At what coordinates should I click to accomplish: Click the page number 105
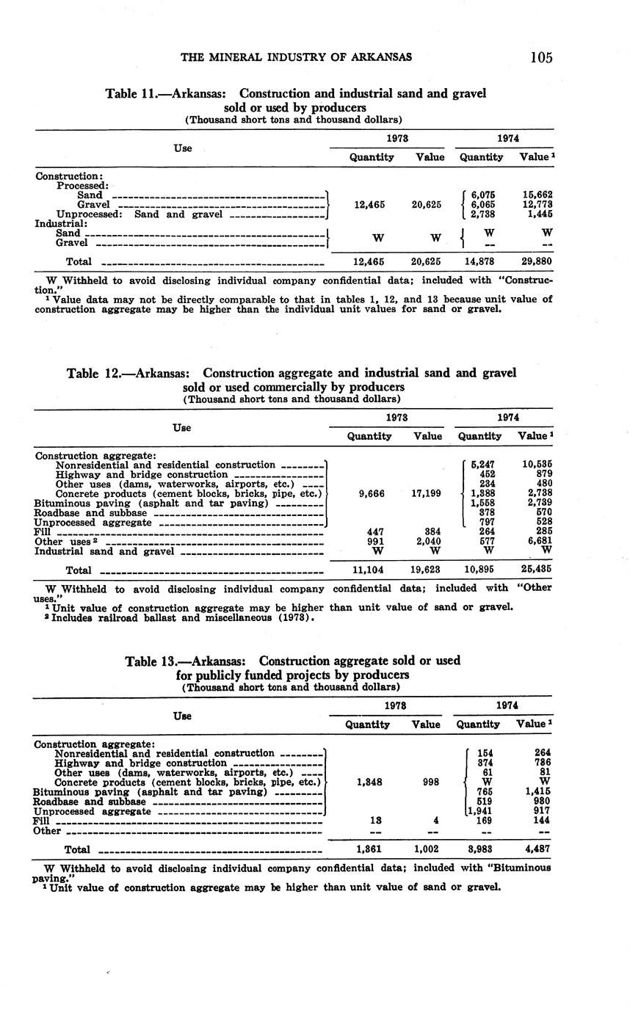click(540, 57)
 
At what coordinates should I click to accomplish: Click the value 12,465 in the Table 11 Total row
click(372, 261)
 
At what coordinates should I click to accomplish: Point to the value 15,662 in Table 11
click(537, 195)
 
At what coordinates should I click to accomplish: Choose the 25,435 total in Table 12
click(537, 570)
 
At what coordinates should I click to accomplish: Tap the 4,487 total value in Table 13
click(537, 849)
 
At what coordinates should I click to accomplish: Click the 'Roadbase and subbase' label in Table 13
click(89, 802)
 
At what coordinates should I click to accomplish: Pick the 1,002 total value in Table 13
click(426, 849)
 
